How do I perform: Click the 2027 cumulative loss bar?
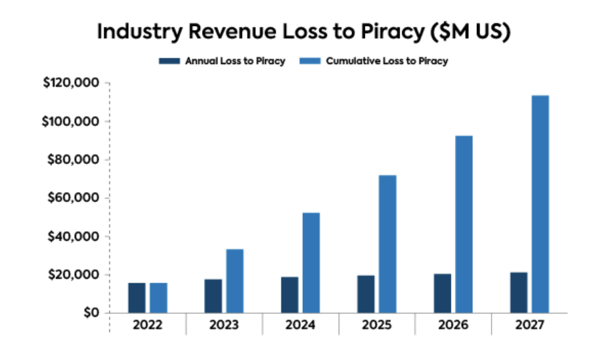click(540, 204)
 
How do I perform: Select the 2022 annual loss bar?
click(137, 297)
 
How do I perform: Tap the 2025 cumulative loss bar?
click(388, 244)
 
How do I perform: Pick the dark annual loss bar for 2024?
click(289, 295)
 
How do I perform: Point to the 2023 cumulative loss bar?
click(235, 281)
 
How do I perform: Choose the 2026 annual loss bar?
click(442, 293)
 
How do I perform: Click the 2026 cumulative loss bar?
click(464, 224)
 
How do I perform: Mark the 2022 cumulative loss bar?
click(158, 297)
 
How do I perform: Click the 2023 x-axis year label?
click(224, 325)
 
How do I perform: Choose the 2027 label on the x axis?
click(529, 325)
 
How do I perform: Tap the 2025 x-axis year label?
click(377, 325)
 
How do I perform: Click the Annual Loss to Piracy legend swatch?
click(168, 61)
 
